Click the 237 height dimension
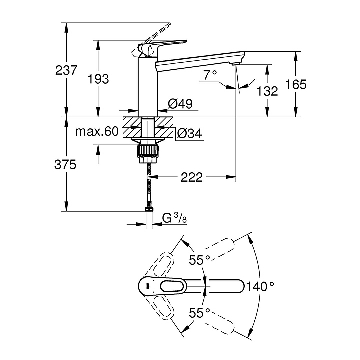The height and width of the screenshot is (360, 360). coord(66,71)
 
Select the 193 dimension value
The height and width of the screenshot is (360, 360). coord(98,78)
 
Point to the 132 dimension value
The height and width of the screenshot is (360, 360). coord(268,91)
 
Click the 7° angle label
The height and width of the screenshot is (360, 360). coord(210,75)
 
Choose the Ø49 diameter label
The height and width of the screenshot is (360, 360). coord(180,104)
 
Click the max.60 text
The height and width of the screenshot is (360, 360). coord(97,132)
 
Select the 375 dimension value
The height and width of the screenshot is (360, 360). coord(66,165)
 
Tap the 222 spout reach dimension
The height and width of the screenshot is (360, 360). coord(192,177)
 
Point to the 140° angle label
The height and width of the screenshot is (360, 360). coord(260,286)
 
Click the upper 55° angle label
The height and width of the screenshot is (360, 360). coord(199,260)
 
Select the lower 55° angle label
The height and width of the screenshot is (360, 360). coord(199,313)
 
